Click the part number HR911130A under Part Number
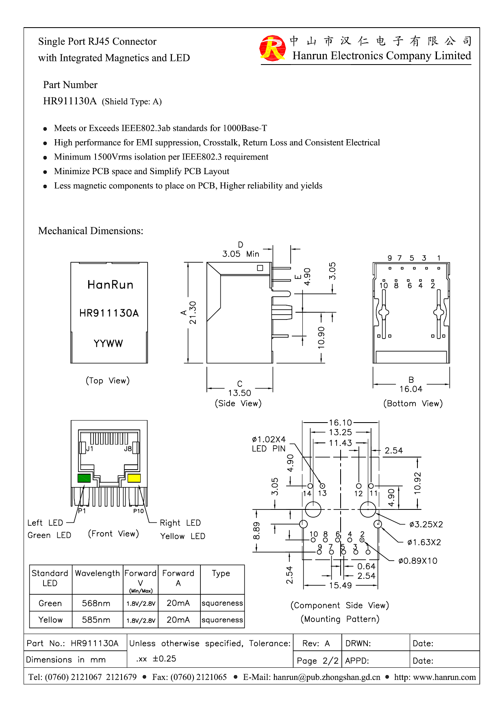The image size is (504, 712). [x=70, y=101]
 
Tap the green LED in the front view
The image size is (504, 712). [x=84, y=478]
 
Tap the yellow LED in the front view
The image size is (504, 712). [x=134, y=478]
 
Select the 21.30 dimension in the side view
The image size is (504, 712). [x=193, y=313]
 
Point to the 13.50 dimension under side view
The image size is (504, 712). [x=239, y=393]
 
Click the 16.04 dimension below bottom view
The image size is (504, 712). [x=411, y=389]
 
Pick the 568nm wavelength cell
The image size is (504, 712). [x=96, y=603]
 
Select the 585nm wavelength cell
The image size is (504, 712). [x=96, y=620]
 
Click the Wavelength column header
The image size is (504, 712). [x=98, y=573]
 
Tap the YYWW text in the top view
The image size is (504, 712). [x=108, y=343]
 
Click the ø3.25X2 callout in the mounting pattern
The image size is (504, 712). [x=426, y=524]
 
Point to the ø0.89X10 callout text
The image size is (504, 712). [x=418, y=561]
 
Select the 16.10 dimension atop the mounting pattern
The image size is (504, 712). [x=340, y=423]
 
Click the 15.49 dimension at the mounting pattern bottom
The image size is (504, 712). [x=340, y=585]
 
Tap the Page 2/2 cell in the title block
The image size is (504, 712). [x=317, y=661]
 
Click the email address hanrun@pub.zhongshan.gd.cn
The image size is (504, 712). [x=326, y=677]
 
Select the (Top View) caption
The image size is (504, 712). [x=108, y=381]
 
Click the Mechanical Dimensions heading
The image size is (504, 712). [x=91, y=231]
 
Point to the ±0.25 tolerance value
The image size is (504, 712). [x=164, y=659]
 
